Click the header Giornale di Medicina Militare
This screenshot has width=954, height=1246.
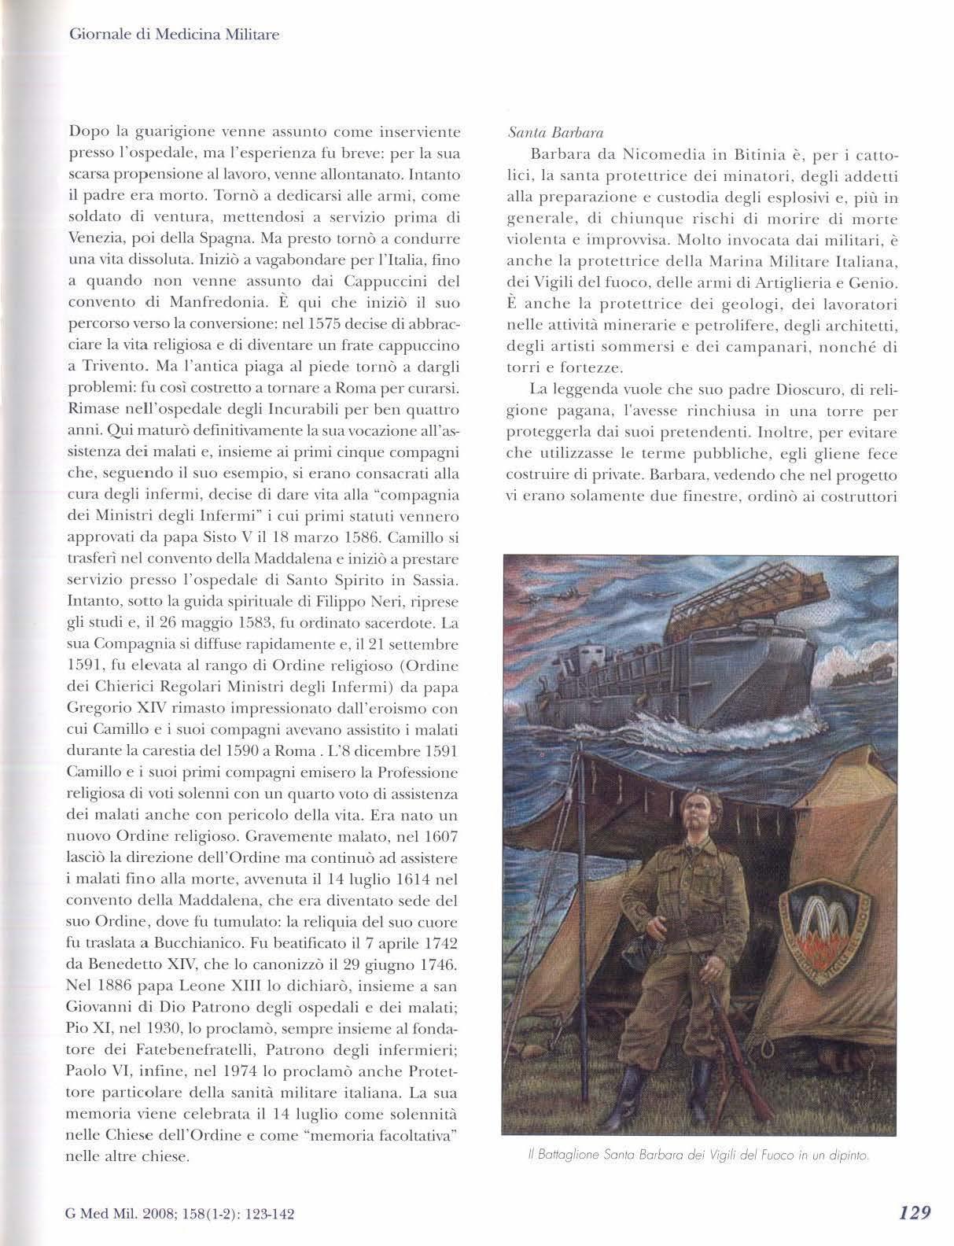[x=175, y=35]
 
